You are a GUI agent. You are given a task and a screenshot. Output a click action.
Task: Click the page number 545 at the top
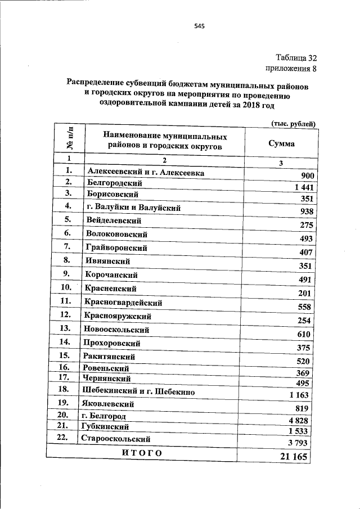coord(199,26)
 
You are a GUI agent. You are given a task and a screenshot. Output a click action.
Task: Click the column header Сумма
coord(281,143)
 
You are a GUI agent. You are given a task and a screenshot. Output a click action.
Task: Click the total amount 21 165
coord(294,457)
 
